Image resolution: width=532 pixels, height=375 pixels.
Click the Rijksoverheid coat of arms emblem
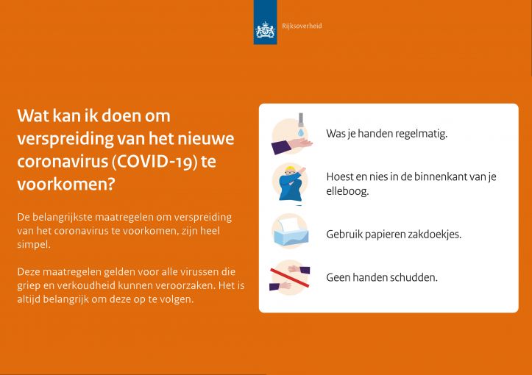pos(265,29)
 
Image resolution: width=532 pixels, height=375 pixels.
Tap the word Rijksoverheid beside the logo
pos(302,26)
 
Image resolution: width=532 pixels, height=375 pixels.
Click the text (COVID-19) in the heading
pos(155,161)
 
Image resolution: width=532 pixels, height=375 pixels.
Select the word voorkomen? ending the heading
pos(66,184)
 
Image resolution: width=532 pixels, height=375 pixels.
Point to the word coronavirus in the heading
pos(63,161)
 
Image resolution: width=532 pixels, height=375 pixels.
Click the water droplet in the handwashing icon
pos(301,132)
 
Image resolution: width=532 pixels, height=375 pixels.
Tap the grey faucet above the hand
pos(301,120)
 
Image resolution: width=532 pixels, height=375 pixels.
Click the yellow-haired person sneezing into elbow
pos(291,185)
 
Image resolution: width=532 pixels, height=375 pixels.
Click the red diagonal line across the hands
pos(289,277)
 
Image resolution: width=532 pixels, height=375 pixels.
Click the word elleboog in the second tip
pos(347,192)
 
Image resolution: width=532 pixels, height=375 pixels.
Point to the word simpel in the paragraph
pos(34,244)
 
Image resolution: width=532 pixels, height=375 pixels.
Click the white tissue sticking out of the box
pos(288,225)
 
